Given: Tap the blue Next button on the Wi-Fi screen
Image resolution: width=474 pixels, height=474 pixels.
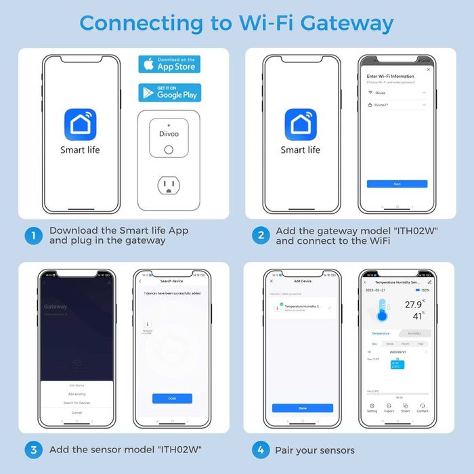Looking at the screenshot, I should (397, 184).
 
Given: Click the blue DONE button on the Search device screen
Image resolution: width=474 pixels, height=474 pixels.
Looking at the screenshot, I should (172, 398).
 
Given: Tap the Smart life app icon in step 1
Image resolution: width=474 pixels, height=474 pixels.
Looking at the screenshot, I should (80, 126).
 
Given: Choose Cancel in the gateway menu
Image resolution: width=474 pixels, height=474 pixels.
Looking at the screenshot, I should (77, 412).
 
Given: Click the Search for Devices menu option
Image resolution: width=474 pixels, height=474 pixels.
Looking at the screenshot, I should (77, 403).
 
